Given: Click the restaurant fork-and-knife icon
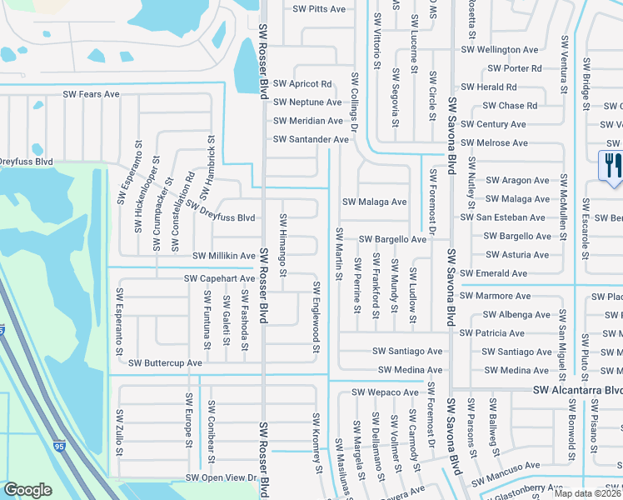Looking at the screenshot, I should click(x=612, y=164).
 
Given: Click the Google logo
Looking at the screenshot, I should click(x=27, y=490).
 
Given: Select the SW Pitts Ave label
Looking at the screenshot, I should click(x=319, y=9).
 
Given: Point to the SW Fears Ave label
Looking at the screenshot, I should click(x=92, y=94).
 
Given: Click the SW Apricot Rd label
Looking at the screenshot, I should click(x=302, y=84).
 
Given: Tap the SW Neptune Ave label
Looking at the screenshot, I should click(x=307, y=102).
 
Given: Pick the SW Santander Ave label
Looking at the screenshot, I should click(x=311, y=139).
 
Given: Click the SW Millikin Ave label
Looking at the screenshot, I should click(x=224, y=256).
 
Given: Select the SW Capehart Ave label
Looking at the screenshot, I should click(x=219, y=278).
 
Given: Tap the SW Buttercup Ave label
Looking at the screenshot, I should click(x=164, y=363).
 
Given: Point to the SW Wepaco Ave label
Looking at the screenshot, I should click(x=385, y=392).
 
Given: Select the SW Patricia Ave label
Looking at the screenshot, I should click(x=492, y=332).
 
